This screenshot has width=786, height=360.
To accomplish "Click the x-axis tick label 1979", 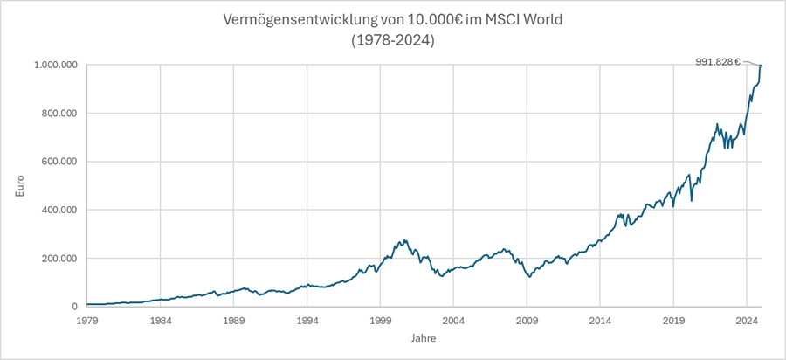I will click(x=86, y=321).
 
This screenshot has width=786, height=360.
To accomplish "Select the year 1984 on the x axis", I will click(x=160, y=321).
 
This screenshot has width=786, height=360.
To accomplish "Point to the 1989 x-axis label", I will click(x=233, y=321).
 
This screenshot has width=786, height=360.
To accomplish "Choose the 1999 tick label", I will click(x=380, y=321).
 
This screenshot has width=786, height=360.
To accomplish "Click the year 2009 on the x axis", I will click(x=527, y=321).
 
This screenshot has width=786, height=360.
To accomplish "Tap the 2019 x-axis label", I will click(x=673, y=321).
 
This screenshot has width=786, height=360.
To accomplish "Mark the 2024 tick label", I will click(x=747, y=321).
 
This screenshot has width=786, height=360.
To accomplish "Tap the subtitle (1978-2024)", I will click(x=392, y=39).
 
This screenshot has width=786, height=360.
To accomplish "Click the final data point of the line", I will click(x=761, y=66).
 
